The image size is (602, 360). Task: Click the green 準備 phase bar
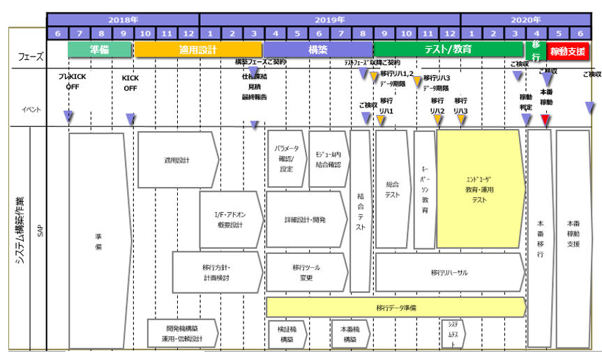(x=100, y=50)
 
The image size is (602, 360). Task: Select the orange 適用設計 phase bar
(x=198, y=50)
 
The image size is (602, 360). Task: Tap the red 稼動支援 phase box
(x=568, y=51)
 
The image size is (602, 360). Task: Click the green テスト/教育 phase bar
(x=448, y=50)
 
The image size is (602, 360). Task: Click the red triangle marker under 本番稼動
(x=545, y=120)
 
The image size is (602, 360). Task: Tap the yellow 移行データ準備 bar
(x=396, y=307)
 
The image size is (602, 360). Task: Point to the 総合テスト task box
(x=393, y=189)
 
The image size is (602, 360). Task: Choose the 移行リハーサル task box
(x=449, y=272)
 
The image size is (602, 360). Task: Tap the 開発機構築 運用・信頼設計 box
(x=182, y=333)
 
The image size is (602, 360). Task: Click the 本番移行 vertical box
(x=540, y=238)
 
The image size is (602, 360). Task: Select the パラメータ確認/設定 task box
(x=286, y=159)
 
